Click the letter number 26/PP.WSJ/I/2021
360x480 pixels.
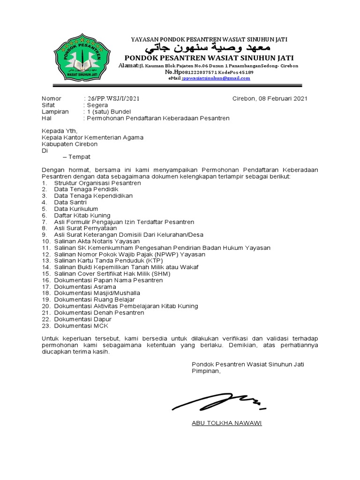pyautogui.click(x=112, y=98)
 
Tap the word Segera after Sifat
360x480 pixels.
pyautogui.click(x=97, y=105)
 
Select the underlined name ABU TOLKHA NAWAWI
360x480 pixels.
pyautogui.click(x=227, y=423)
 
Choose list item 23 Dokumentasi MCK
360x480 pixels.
pyautogui.click(x=81, y=326)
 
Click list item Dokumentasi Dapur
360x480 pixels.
pyautogui.click(x=82, y=319)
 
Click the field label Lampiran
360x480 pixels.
pyautogui.click(x=55, y=112)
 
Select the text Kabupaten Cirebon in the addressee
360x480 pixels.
pyautogui.click(x=69, y=144)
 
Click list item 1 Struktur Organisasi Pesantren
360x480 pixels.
pyautogui.click(x=97, y=183)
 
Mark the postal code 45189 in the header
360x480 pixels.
pyautogui.click(x=246, y=73)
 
